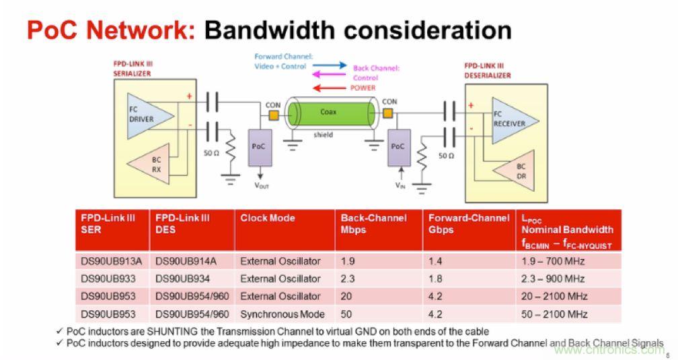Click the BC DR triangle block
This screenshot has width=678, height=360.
[x=517, y=170]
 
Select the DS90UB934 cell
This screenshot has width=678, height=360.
[x=181, y=279]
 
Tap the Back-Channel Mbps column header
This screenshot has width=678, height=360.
[x=373, y=223]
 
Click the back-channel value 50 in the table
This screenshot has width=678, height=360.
[x=347, y=314]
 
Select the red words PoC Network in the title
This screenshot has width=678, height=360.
[x=111, y=30]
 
